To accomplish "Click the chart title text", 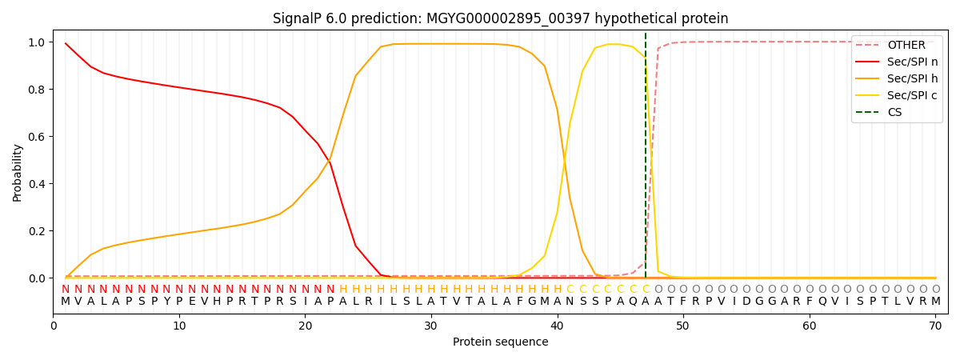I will [500, 18].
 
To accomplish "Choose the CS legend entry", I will [894, 113].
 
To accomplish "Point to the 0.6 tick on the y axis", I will [37, 137].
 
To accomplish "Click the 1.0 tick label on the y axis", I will [37, 42].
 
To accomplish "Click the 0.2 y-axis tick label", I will [37, 231].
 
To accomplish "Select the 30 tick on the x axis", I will [431, 326].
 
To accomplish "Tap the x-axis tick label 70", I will [935, 326].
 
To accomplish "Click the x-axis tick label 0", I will [54, 326].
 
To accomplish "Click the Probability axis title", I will [18, 172].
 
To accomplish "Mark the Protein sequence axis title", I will [500, 342].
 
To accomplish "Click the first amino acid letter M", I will [66, 302].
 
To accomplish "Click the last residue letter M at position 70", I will [935, 302].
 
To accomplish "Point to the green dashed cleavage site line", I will [646, 160].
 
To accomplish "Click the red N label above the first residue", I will [66, 290].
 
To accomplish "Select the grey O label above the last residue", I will [935, 290].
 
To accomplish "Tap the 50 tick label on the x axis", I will [683, 326].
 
